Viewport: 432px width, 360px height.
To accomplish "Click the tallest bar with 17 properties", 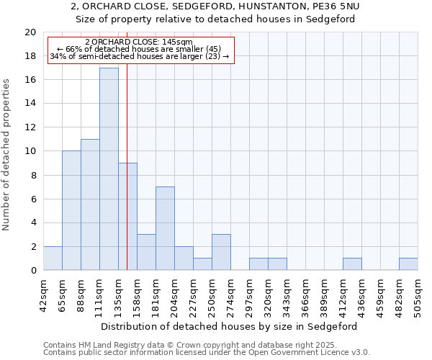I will (x=109, y=169).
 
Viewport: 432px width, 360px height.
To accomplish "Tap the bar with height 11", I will (x=90, y=204).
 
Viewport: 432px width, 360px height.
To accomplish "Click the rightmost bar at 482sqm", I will (x=408, y=264).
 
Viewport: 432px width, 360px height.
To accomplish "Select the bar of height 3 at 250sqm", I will (x=221, y=252).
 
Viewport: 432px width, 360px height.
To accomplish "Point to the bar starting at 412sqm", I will (x=352, y=264).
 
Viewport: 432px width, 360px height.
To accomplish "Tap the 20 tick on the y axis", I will (x=30, y=32).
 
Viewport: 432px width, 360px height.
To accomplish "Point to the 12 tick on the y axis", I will (x=30, y=127).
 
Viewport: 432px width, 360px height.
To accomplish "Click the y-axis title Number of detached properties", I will (x=7, y=155).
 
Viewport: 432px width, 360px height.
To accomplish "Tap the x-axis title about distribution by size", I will (x=230, y=326).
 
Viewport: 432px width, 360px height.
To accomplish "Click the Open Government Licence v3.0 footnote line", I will (x=207, y=353).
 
